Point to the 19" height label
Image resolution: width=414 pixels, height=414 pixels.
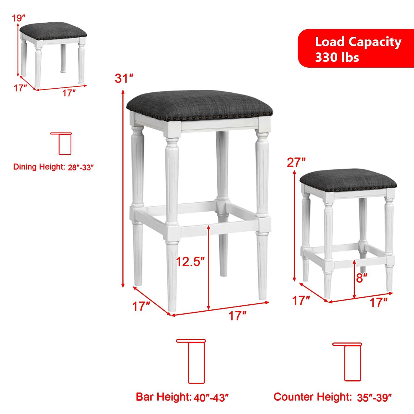coord(19,18)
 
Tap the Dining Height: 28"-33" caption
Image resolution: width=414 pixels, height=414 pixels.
coord(52,167)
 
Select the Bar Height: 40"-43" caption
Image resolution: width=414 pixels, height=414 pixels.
coord(182,397)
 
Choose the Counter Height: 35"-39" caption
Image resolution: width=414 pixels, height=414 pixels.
coord(333,397)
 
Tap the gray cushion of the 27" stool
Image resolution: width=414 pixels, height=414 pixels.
coord(348,180)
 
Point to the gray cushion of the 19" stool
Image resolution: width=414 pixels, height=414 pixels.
coord(53,31)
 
